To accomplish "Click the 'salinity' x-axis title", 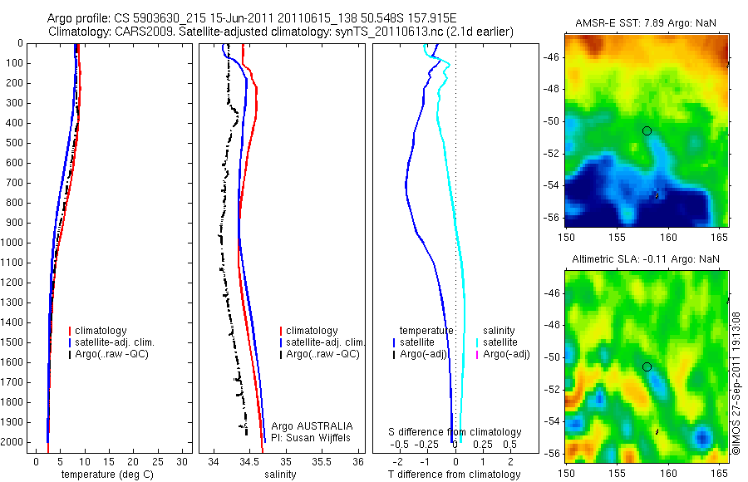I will pyautogui.click(x=280, y=475).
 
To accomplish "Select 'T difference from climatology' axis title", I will pyautogui.click(x=454, y=475).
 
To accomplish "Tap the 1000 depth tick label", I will pyautogui.click(x=14, y=243).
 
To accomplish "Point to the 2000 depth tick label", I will pyautogui.click(x=14, y=442).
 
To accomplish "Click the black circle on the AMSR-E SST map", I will pyautogui.click(x=647, y=130).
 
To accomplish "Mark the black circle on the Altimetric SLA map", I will pyautogui.click(x=647, y=366).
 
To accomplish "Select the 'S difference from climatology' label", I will pyautogui.click(x=455, y=432).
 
